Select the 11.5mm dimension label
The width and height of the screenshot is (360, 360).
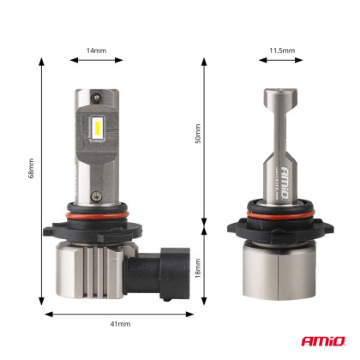click(x=281, y=51)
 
